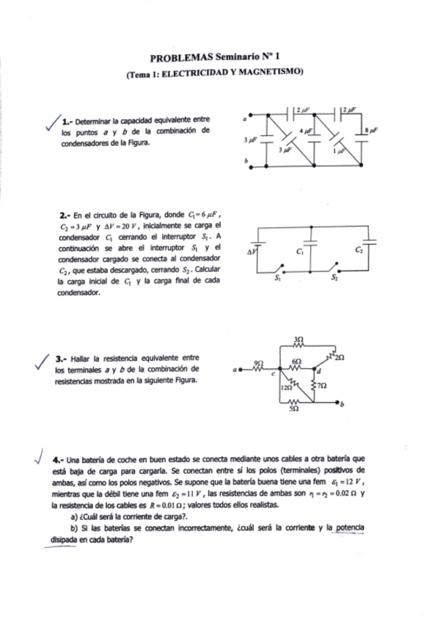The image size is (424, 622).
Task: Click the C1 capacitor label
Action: (301, 250)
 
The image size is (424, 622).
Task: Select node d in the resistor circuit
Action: (318, 373)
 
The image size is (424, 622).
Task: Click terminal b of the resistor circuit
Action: (338, 403)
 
